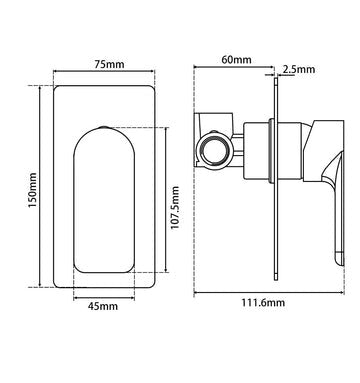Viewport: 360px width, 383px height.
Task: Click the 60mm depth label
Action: [x=236, y=59]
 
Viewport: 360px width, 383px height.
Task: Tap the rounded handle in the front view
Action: [x=101, y=200]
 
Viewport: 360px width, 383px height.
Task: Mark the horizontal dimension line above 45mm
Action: [x=101, y=295]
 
